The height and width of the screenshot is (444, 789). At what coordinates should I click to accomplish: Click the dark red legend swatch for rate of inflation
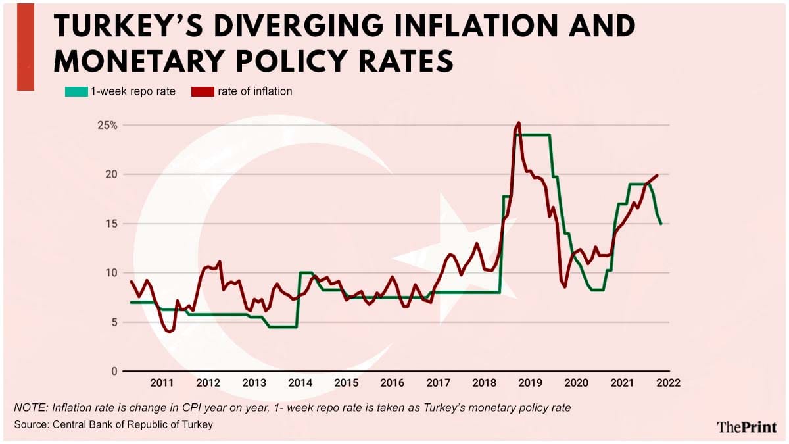203,92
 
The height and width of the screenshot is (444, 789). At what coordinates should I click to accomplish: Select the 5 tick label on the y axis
112,322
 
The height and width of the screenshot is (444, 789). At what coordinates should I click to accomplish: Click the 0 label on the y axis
112,372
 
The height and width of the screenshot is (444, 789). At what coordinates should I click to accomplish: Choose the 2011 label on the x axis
162,383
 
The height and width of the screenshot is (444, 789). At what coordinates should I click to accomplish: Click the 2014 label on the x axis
300,383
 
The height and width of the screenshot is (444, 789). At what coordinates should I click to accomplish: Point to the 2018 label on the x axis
485,383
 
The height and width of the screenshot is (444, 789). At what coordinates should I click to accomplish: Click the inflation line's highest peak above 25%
519,123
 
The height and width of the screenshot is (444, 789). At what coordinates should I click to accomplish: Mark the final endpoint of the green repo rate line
661,224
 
